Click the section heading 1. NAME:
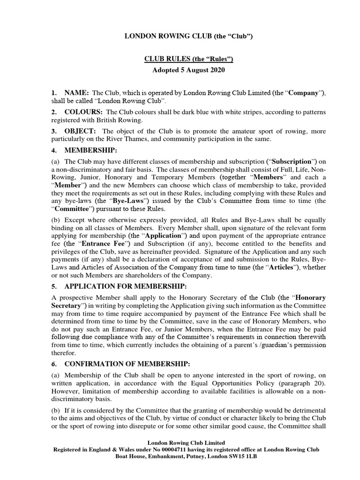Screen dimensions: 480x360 point(70,93)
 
